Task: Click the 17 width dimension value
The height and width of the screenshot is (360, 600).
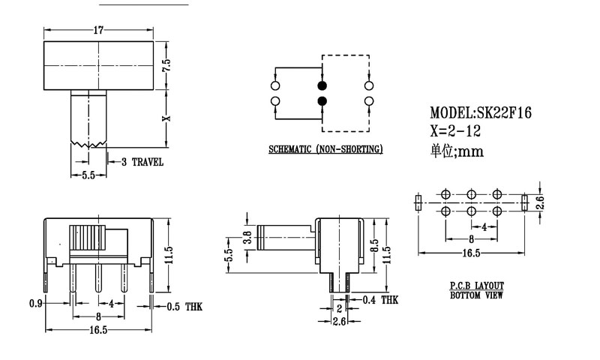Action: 98,30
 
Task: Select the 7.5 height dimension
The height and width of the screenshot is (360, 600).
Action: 166,65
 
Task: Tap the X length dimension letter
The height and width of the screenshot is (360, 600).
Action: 166,117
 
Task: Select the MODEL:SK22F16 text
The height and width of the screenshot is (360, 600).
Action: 481,113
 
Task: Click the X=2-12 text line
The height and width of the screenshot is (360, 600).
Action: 456,131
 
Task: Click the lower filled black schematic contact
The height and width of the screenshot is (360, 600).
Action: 322,100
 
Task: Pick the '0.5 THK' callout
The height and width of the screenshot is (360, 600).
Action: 183,306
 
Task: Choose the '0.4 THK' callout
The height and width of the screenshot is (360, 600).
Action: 379,300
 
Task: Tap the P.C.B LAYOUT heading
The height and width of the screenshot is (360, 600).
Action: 476,286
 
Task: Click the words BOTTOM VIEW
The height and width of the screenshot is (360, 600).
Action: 476,295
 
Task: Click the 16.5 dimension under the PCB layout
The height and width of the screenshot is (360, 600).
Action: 471,253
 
